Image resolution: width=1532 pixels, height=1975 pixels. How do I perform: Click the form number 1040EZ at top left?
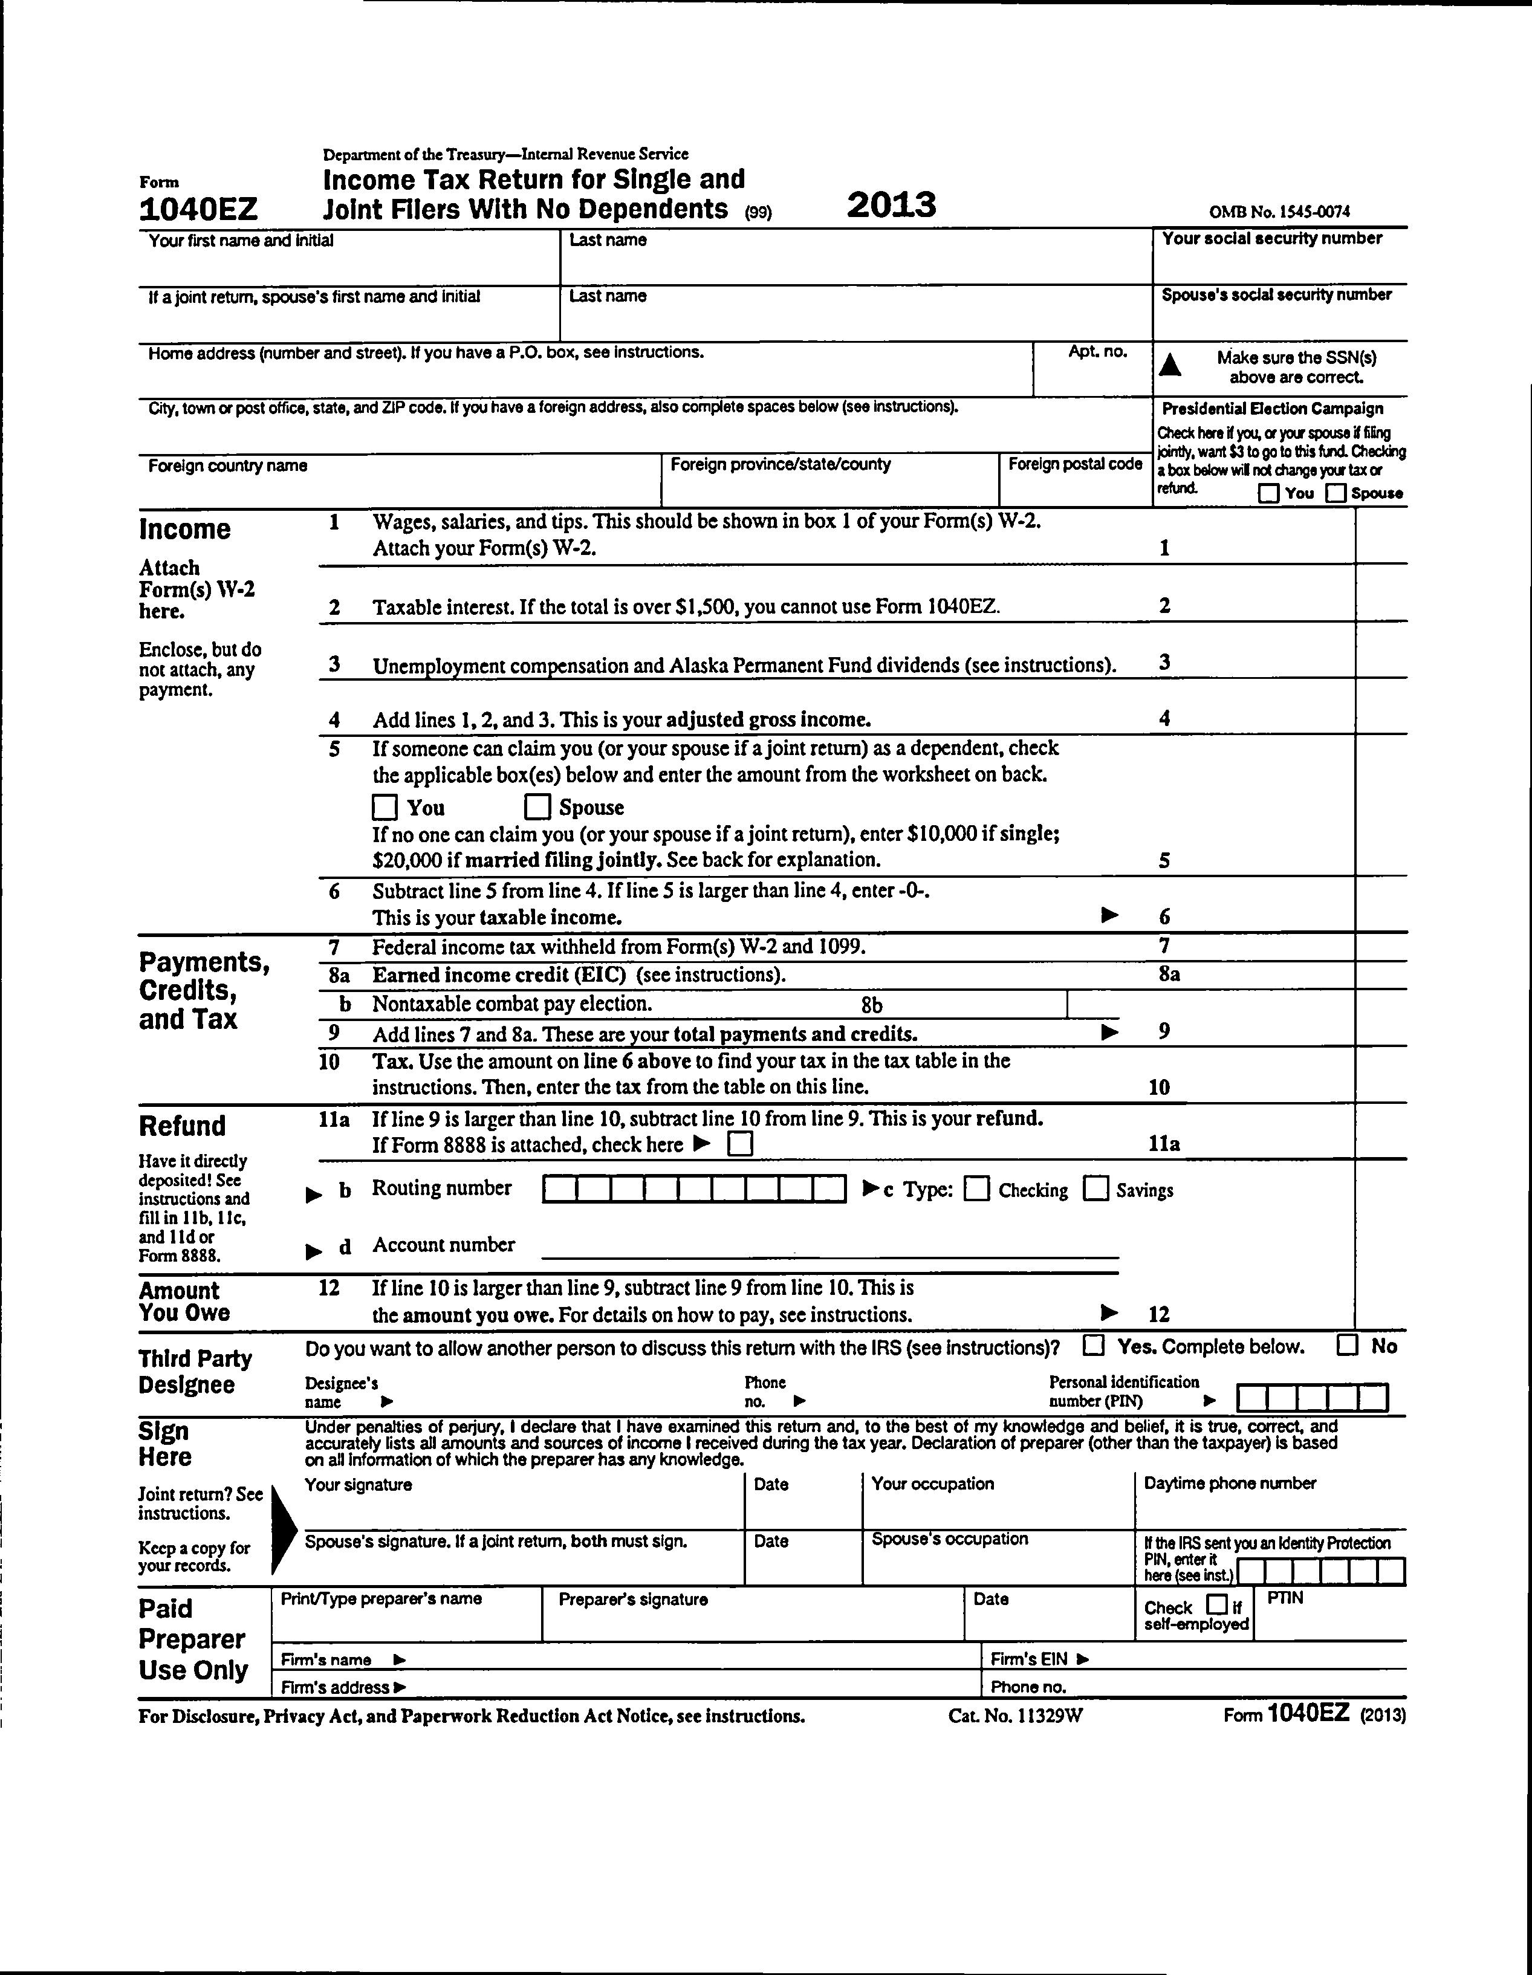tap(198, 210)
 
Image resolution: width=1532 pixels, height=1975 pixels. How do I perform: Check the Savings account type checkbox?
tap(1096, 1189)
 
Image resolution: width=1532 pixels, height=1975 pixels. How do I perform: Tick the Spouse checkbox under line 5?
tap(537, 806)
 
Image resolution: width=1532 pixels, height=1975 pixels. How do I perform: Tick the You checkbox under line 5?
tap(385, 806)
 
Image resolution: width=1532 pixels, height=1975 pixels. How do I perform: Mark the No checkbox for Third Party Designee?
tap(1348, 1346)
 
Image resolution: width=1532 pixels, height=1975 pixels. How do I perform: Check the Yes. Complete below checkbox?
tap(1094, 1346)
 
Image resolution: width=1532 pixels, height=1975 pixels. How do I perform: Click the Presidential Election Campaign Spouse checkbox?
tap(1336, 493)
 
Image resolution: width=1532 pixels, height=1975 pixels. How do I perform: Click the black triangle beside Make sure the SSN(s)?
tap(1170, 365)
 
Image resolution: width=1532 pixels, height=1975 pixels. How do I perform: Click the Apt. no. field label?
tap(1097, 352)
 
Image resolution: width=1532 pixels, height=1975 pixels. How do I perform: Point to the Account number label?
tap(443, 1244)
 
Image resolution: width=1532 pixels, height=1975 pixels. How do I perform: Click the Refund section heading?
tap(183, 1126)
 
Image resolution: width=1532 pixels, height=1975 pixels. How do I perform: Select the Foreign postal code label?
tap(1074, 464)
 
